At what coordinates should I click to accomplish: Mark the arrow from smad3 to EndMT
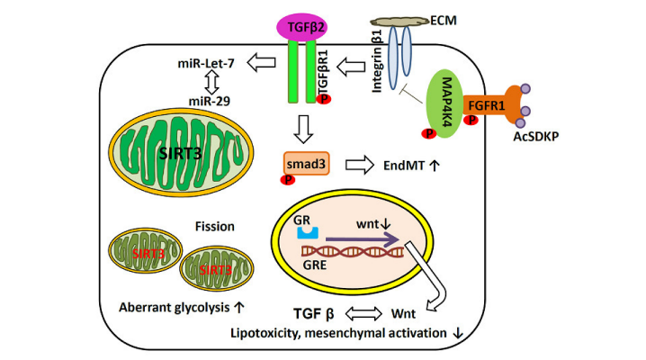[360, 165]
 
